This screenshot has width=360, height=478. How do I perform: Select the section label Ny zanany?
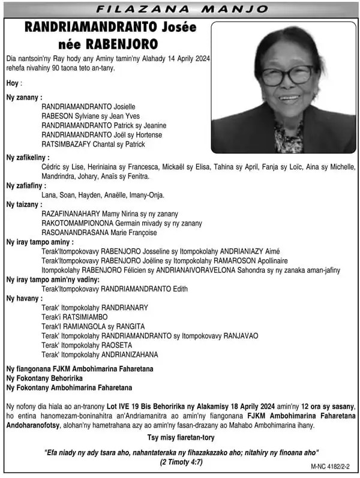[x=24, y=97]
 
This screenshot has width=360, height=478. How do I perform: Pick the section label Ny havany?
[x=23, y=298]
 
